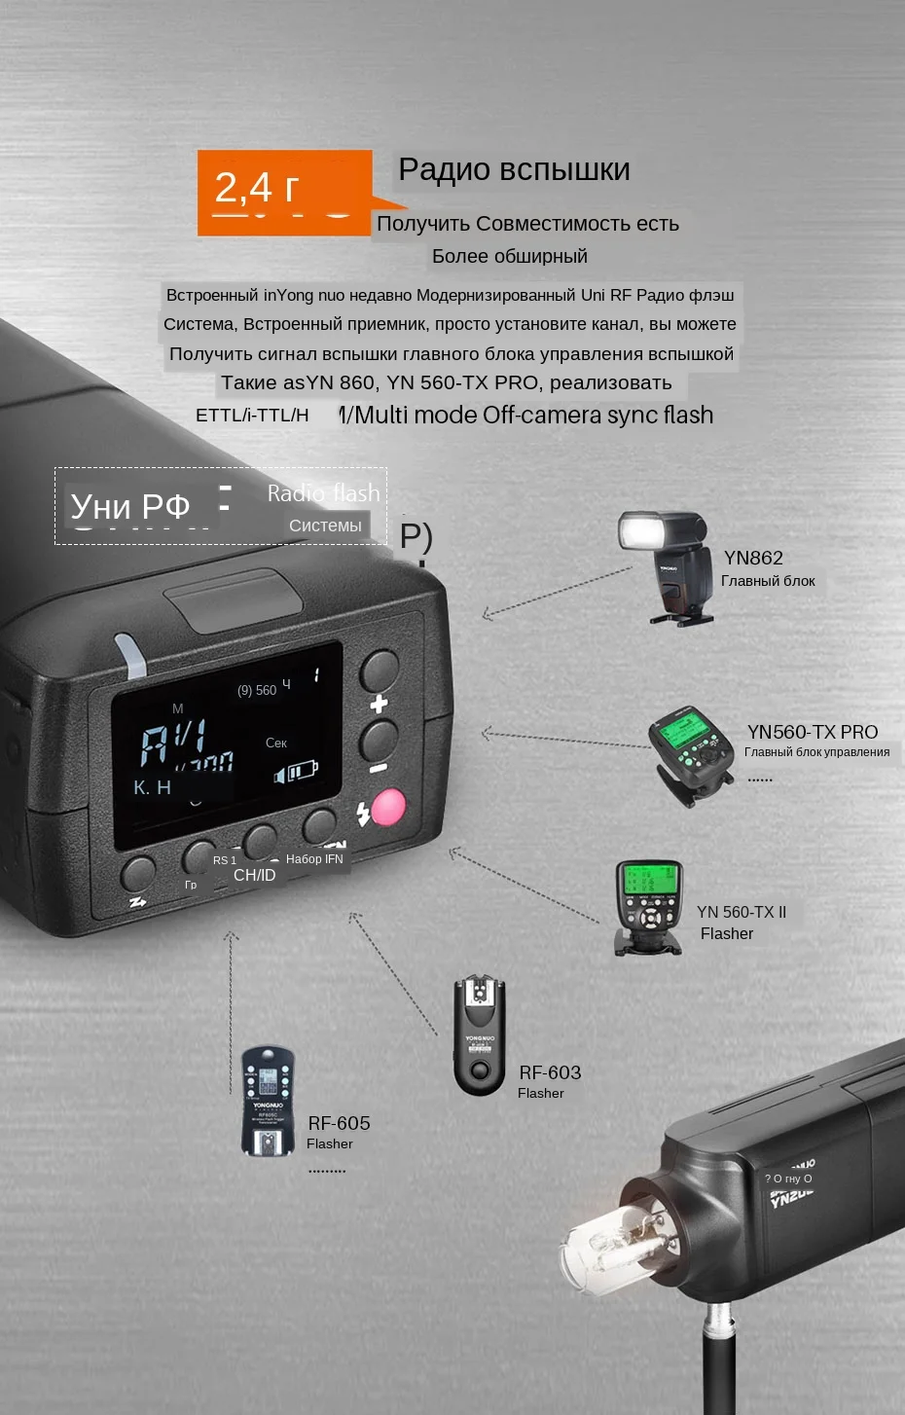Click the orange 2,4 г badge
click(284, 192)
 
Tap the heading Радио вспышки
click(514, 169)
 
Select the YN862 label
click(753, 558)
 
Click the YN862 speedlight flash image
click(668, 566)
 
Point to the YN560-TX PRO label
click(812, 732)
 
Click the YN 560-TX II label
click(742, 912)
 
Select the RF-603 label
click(550, 1072)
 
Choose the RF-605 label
click(339, 1123)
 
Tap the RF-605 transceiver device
click(268, 1101)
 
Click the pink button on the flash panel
click(387, 807)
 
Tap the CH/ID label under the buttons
click(254, 875)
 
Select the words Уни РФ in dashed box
click(130, 507)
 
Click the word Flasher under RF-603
click(540, 1093)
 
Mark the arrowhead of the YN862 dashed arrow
click(486, 615)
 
